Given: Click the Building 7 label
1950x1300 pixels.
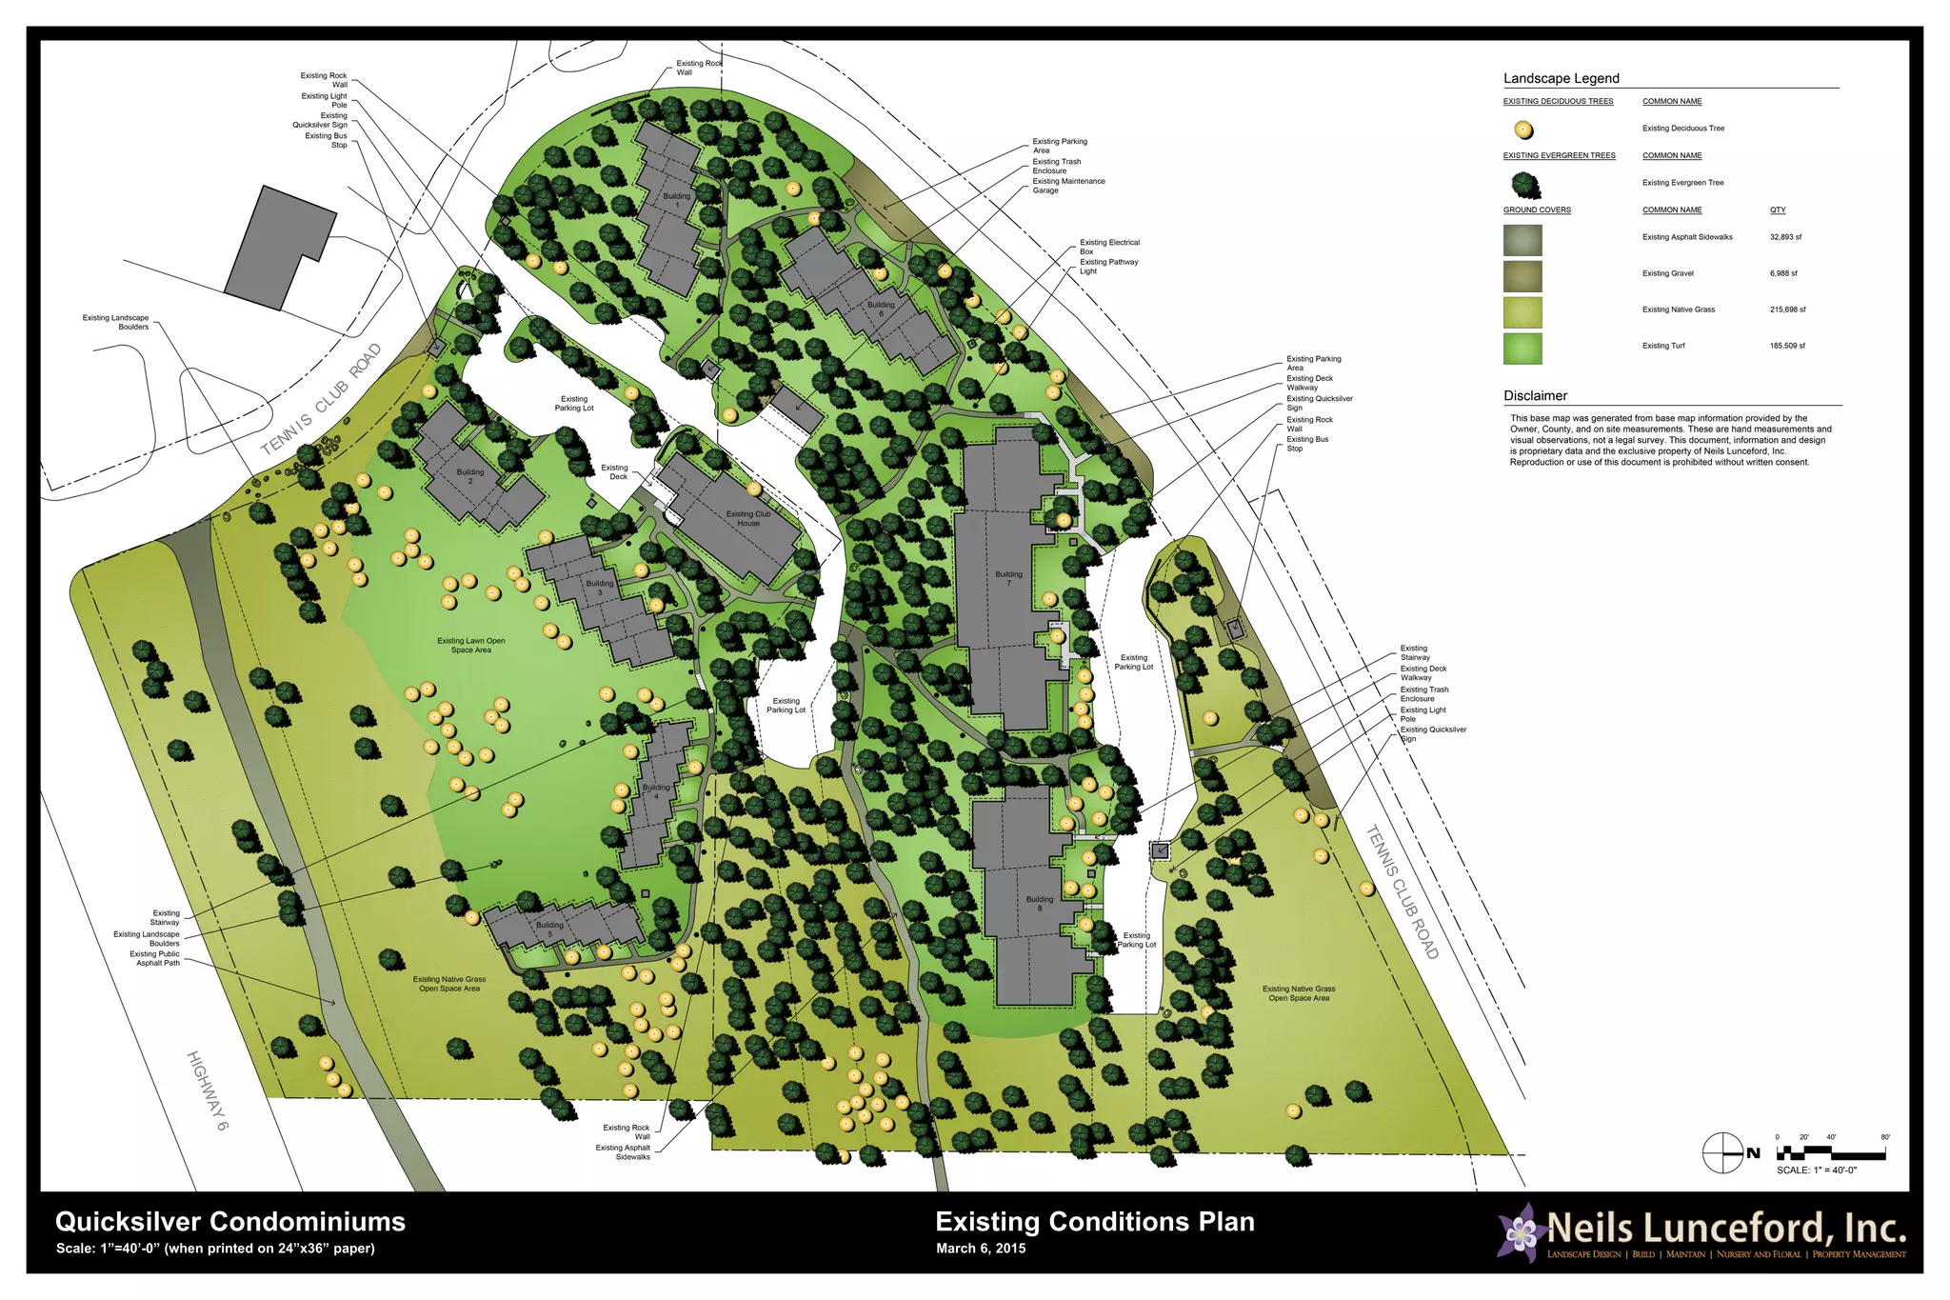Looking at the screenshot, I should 1008,578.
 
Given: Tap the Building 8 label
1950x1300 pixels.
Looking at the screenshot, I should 1039,903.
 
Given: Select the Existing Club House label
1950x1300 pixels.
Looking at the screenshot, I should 748,518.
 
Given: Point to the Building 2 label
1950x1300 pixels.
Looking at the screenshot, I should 469,476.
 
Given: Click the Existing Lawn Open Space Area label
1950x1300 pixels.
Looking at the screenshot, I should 471,645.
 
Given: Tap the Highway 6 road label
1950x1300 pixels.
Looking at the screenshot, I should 208,1090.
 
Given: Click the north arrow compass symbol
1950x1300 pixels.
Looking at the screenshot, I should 1722,1153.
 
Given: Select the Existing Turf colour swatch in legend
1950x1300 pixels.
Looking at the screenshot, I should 1522,349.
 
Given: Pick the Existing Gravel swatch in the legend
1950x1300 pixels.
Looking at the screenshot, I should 1522,276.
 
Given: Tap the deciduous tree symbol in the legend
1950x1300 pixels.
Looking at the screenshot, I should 1523,130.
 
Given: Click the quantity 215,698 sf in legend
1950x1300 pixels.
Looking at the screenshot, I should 1787,310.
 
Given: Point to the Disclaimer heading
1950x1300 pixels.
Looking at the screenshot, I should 1535,395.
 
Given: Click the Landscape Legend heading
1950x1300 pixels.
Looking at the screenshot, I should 1561,78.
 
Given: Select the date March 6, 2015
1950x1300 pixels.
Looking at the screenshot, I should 980,1249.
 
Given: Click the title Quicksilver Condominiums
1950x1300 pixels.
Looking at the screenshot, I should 230,1222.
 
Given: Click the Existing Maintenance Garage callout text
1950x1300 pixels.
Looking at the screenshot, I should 1068,186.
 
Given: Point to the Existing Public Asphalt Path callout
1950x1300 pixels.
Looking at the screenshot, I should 154,958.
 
